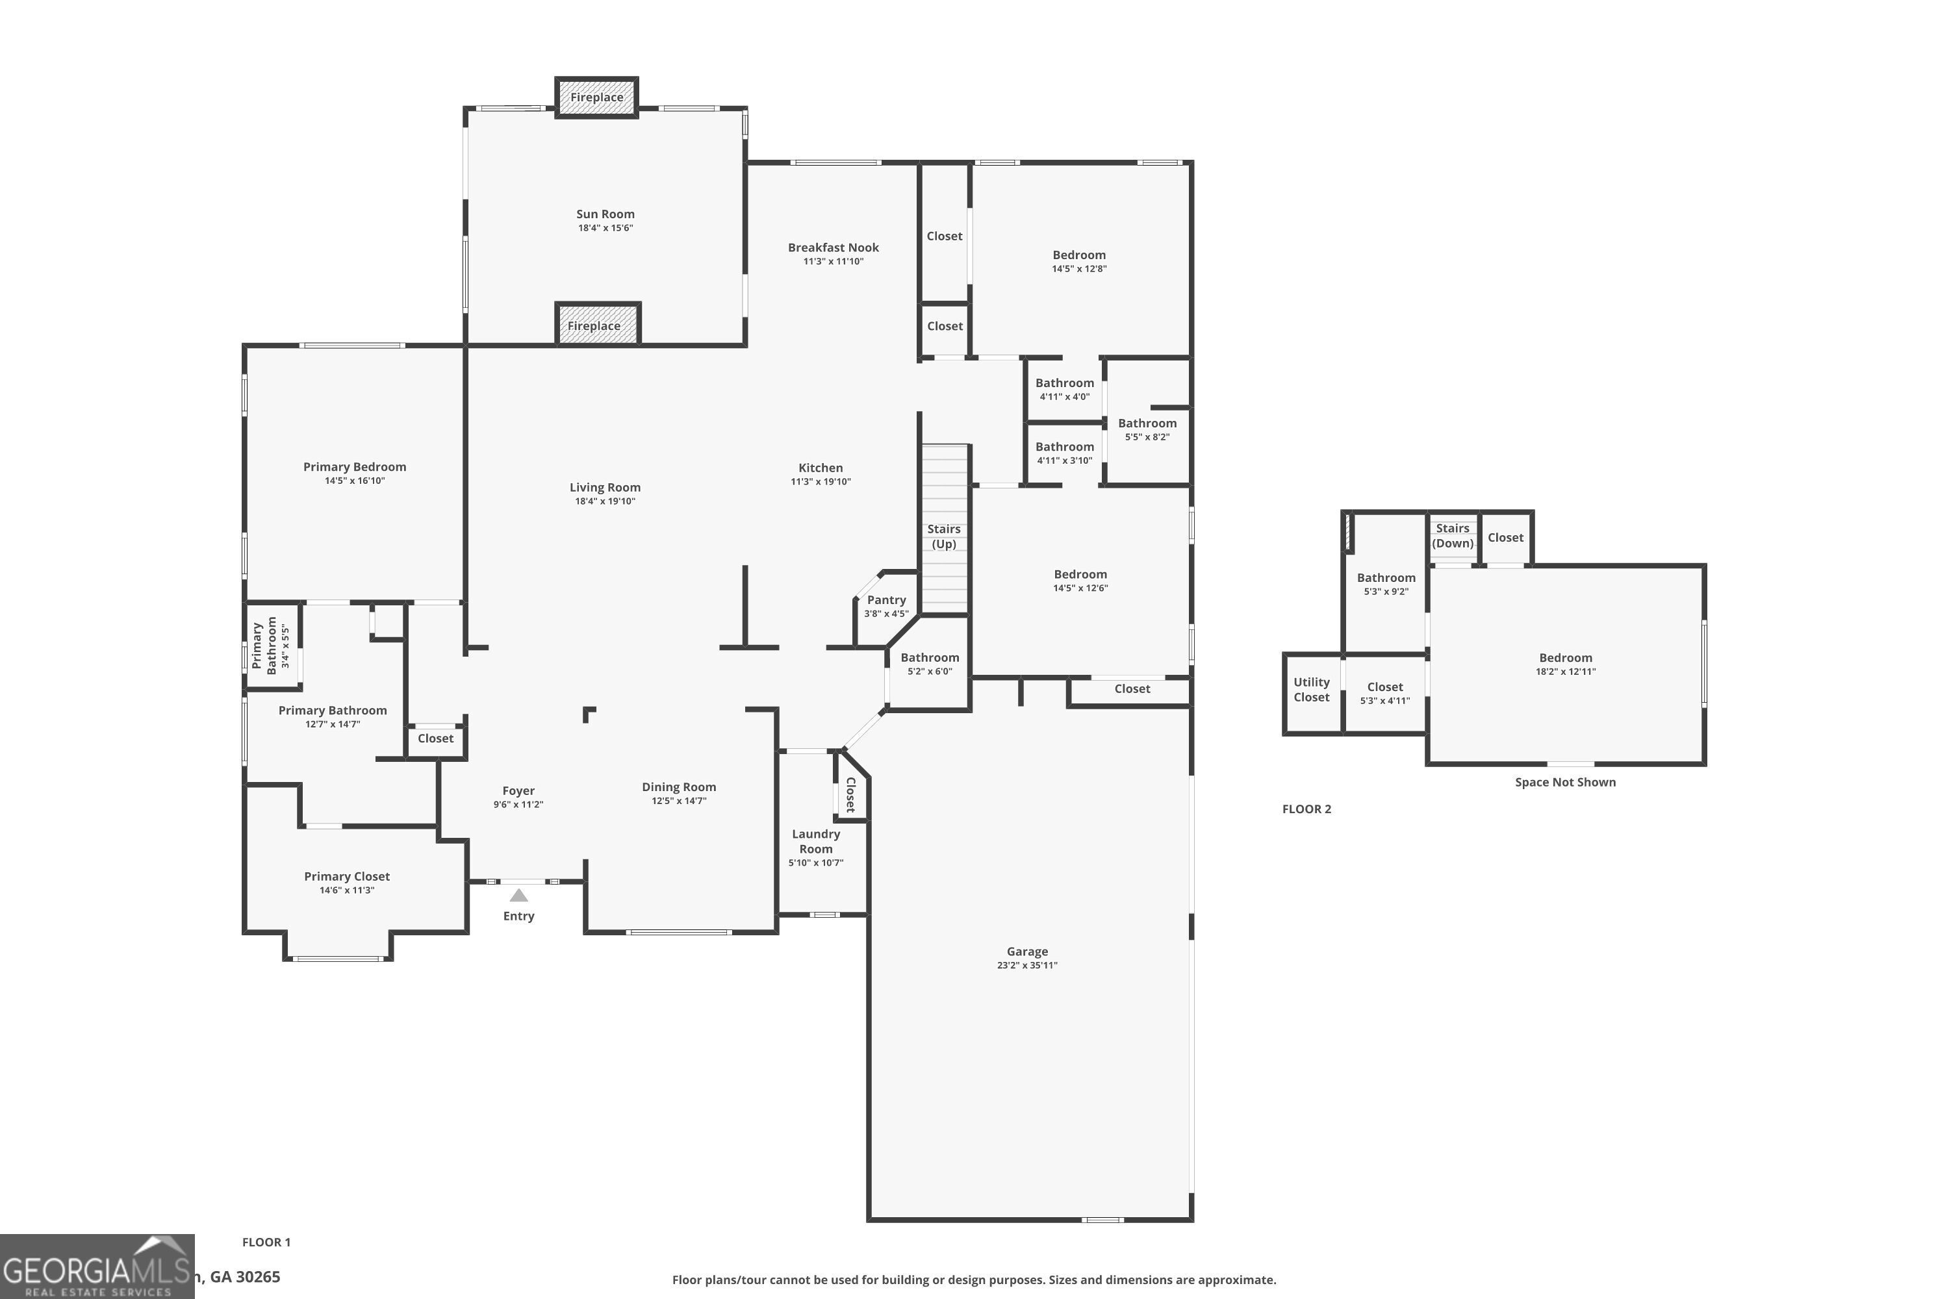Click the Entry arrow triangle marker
click(518, 896)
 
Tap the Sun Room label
click(605, 214)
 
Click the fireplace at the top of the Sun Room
click(596, 97)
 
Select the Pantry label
click(886, 599)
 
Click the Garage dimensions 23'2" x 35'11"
click(1026, 965)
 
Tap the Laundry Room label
click(815, 841)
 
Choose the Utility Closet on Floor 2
click(1312, 690)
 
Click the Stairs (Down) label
click(1453, 535)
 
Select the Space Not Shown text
click(1564, 782)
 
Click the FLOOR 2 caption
click(1306, 809)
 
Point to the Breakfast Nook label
click(833, 247)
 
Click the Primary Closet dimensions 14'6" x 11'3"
click(346, 890)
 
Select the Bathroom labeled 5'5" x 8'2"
click(1147, 429)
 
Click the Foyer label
click(518, 790)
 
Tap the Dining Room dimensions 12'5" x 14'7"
click(679, 801)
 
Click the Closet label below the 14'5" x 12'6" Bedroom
click(1132, 688)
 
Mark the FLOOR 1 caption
click(266, 1242)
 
